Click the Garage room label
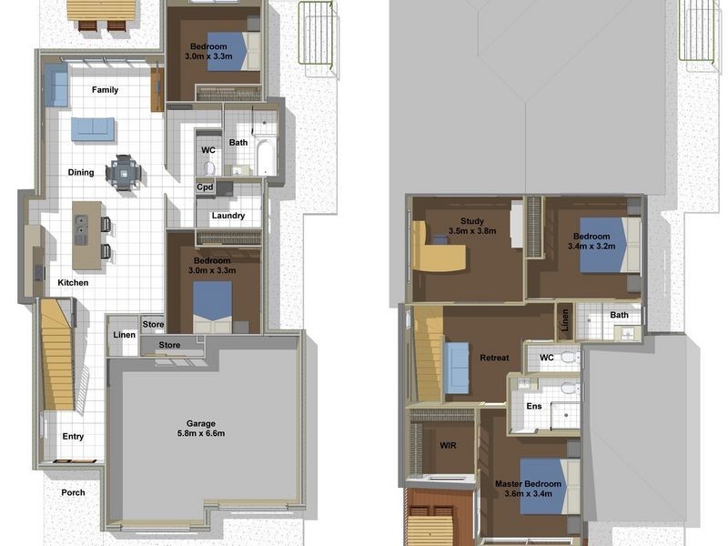[201, 423]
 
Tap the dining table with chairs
[123, 173]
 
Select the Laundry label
[228, 216]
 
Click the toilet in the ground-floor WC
[209, 167]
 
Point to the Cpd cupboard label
[205, 187]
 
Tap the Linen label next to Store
[125, 335]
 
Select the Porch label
[73, 492]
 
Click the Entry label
[73, 437]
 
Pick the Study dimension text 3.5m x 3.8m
[472, 231]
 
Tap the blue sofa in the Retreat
[456, 368]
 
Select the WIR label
[448, 446]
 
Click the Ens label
[534, 406]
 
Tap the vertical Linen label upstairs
[565, 321]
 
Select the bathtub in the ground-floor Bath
[266, 157]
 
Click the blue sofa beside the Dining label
[93, 129]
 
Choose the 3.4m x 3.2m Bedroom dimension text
[591, 246]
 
